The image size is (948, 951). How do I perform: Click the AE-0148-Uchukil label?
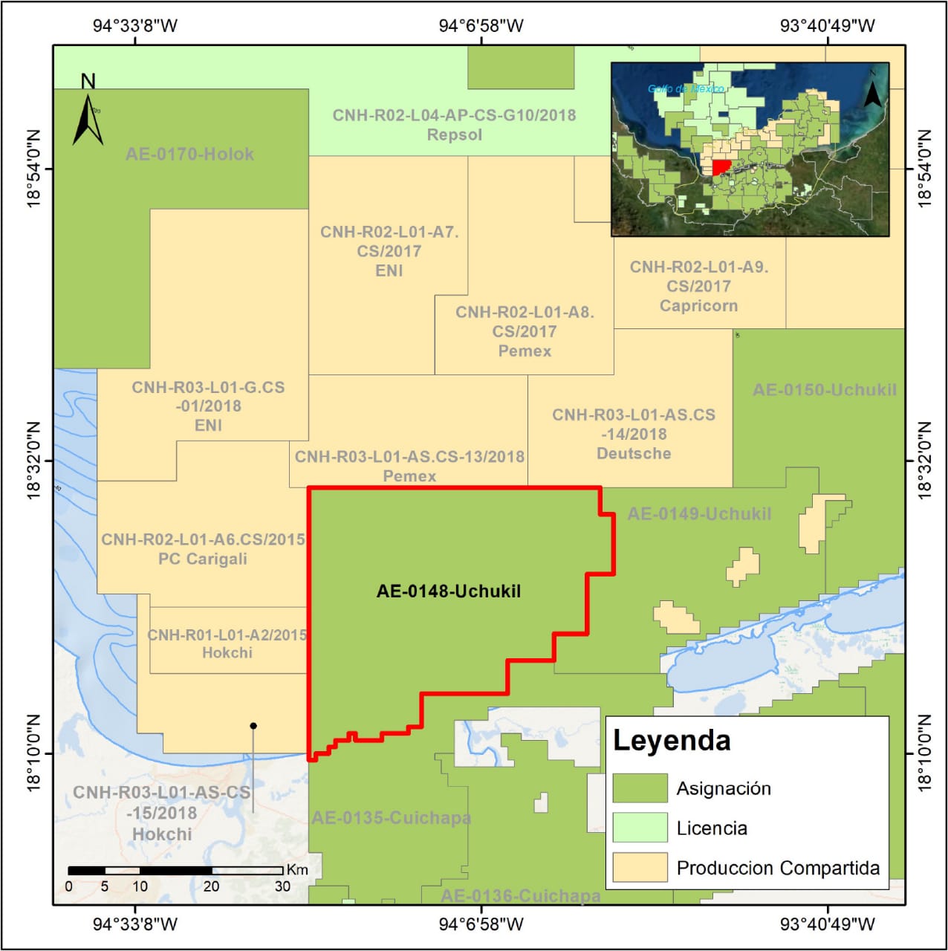point(448,591)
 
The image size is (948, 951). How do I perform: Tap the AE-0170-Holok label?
point(189,154)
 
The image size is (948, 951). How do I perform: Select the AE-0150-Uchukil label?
point(824,389)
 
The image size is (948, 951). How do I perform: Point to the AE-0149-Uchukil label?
point(699,513)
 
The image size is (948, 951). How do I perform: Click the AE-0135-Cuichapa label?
point(391,817)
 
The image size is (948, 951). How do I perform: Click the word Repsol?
point(454,134)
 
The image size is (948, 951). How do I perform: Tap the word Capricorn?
point(698,305)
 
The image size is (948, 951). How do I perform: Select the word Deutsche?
point(634,453)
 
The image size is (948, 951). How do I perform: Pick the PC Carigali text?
point(202,559)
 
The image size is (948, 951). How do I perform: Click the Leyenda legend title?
point(672,740)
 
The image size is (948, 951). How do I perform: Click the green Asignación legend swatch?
point(640,788)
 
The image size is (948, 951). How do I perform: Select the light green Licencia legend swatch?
point(640,828)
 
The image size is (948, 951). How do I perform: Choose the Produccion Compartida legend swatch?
point(640,868)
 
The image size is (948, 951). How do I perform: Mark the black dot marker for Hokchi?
point(253,726)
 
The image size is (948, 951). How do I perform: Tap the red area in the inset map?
point(721,167)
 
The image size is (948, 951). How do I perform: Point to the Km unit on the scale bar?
point(296,869)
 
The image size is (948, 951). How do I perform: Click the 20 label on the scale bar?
point(211,886)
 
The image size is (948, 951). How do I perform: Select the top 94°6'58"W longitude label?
point(481,26)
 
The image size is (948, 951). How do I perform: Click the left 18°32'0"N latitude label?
point(33,461)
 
